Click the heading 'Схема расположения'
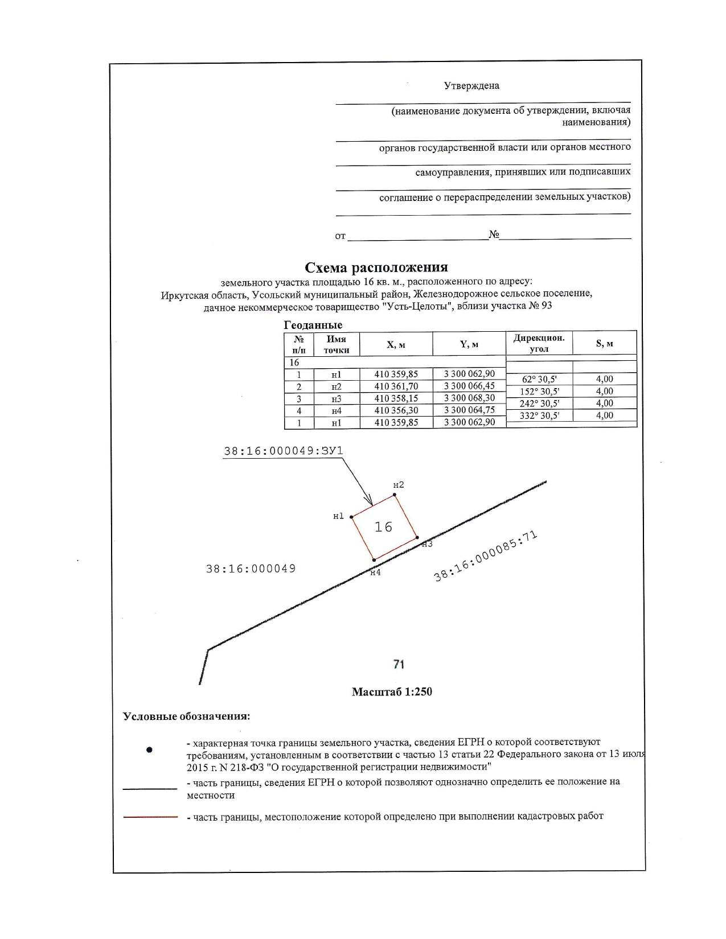(x=376, y=267)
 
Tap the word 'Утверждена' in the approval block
(x=471, y=86)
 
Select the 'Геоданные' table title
(x=313, y=325)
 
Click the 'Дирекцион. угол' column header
(x=539, y=343)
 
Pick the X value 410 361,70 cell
(x=396, y=386)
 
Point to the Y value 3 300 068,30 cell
(x=469, y=398)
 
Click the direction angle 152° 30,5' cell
(x=539, y=392)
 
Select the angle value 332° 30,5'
(x=539, y=416)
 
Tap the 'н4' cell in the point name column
(x=336, y=411)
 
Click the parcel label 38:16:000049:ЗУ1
(x=283, y=451)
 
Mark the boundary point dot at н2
(x=395, y=495)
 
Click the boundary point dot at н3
(x=417, y=537)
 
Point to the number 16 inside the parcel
(x=383, y=528)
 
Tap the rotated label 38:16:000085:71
(x=486, y=556)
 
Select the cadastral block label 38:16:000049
(x=251, y=569)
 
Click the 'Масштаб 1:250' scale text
(x=392, y=692)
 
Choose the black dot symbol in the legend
(x=149, y=750)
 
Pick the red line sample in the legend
(x=150, y=817)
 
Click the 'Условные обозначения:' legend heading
(x=187, y=716)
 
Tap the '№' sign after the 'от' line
(x=494, y=234)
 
